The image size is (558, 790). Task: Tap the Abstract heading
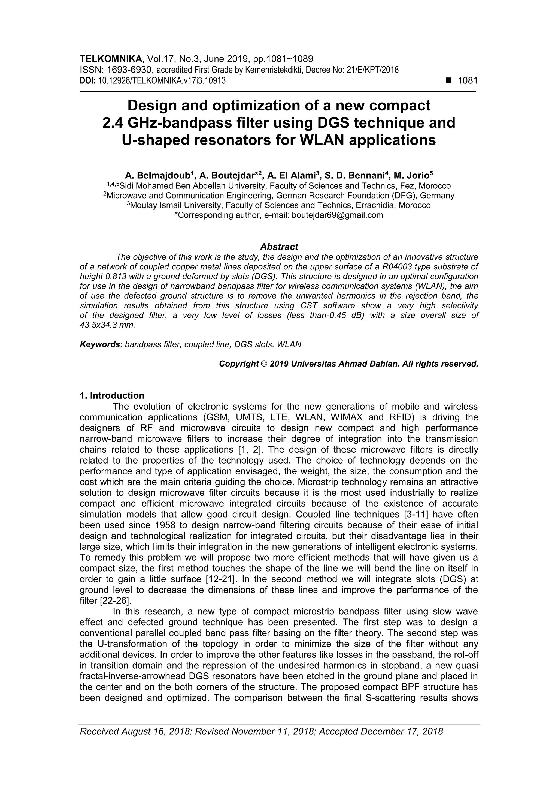pyautogui.click(x=279, y=247)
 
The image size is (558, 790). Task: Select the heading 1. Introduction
pyautogui.click(x=112, y=395)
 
